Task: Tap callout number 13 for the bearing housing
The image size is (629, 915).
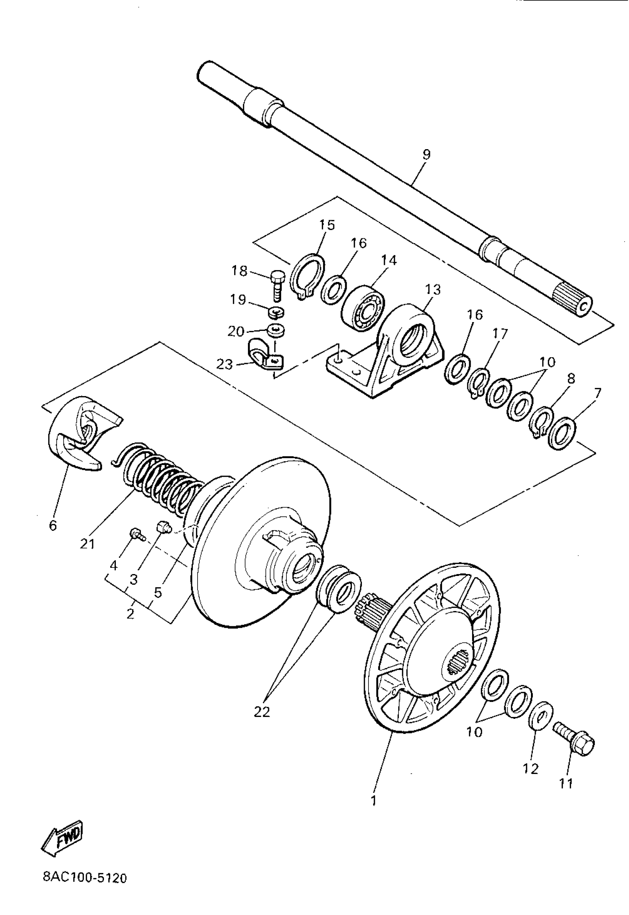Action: pyautogui.click(x=433, y=290)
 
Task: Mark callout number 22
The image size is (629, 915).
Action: pyautogui.click(x=262, y=712)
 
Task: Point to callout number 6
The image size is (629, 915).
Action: pyautogui.click(x=53, y=526)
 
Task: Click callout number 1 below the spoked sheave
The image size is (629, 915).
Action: pyautogui.click(x=374, y=800)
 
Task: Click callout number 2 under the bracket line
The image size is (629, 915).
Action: pyautogui.click(x=131, y=614)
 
